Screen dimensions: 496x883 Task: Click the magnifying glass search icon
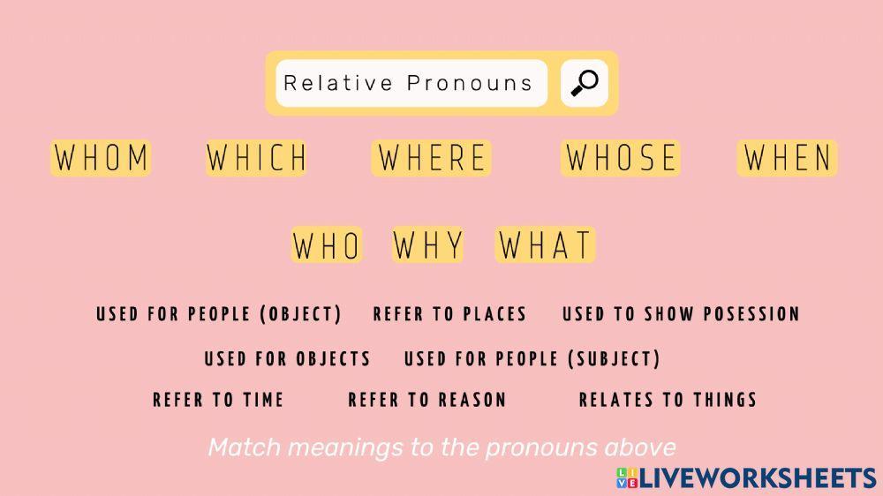click(584, 83)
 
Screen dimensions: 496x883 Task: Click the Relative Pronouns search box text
click(409, 83)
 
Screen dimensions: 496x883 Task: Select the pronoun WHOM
click(101, 158)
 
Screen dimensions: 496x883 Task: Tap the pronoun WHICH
click(256, 158)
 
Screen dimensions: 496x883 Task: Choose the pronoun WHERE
click(432, 158)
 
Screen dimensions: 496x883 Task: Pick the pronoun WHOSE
click(621, 158)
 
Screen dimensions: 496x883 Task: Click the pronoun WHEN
click(788, 158)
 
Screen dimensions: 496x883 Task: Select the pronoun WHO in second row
click(327, 245)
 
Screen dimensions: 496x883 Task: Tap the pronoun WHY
click(428, 245)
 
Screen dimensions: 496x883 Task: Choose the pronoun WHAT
click(546, 245)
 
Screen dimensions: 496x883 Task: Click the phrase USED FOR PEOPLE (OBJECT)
click(219, 314)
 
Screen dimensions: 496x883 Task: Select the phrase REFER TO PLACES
click(449, 314)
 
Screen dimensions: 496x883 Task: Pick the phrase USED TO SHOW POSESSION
click(681, 314)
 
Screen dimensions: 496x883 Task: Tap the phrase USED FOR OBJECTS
click(287, 359)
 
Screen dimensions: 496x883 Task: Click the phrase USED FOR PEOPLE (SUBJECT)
click(532, 359)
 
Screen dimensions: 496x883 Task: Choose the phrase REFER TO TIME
click(218, 400)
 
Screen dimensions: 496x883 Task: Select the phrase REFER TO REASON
click(427, 400)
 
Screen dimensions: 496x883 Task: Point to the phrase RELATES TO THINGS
click(668, 400)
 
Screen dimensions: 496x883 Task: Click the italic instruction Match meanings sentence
click(441, 447)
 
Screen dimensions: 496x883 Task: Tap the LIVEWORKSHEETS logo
click(746, 477)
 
